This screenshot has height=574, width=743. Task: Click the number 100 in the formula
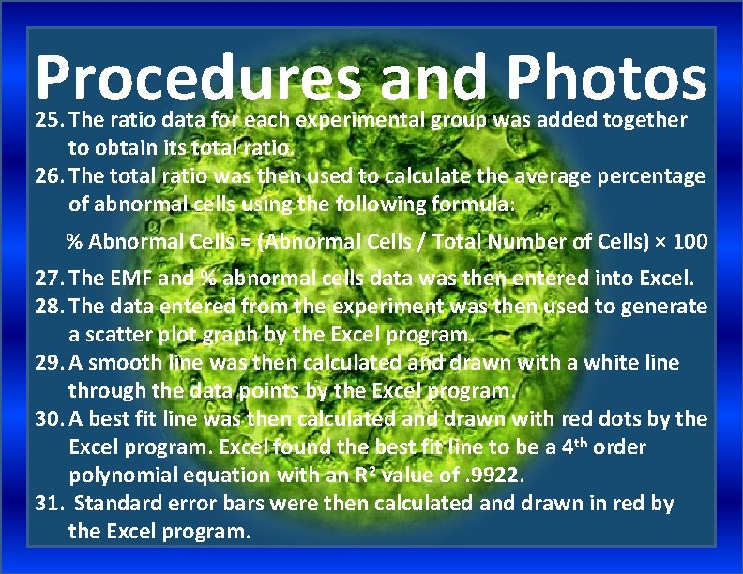pos(690,241)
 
